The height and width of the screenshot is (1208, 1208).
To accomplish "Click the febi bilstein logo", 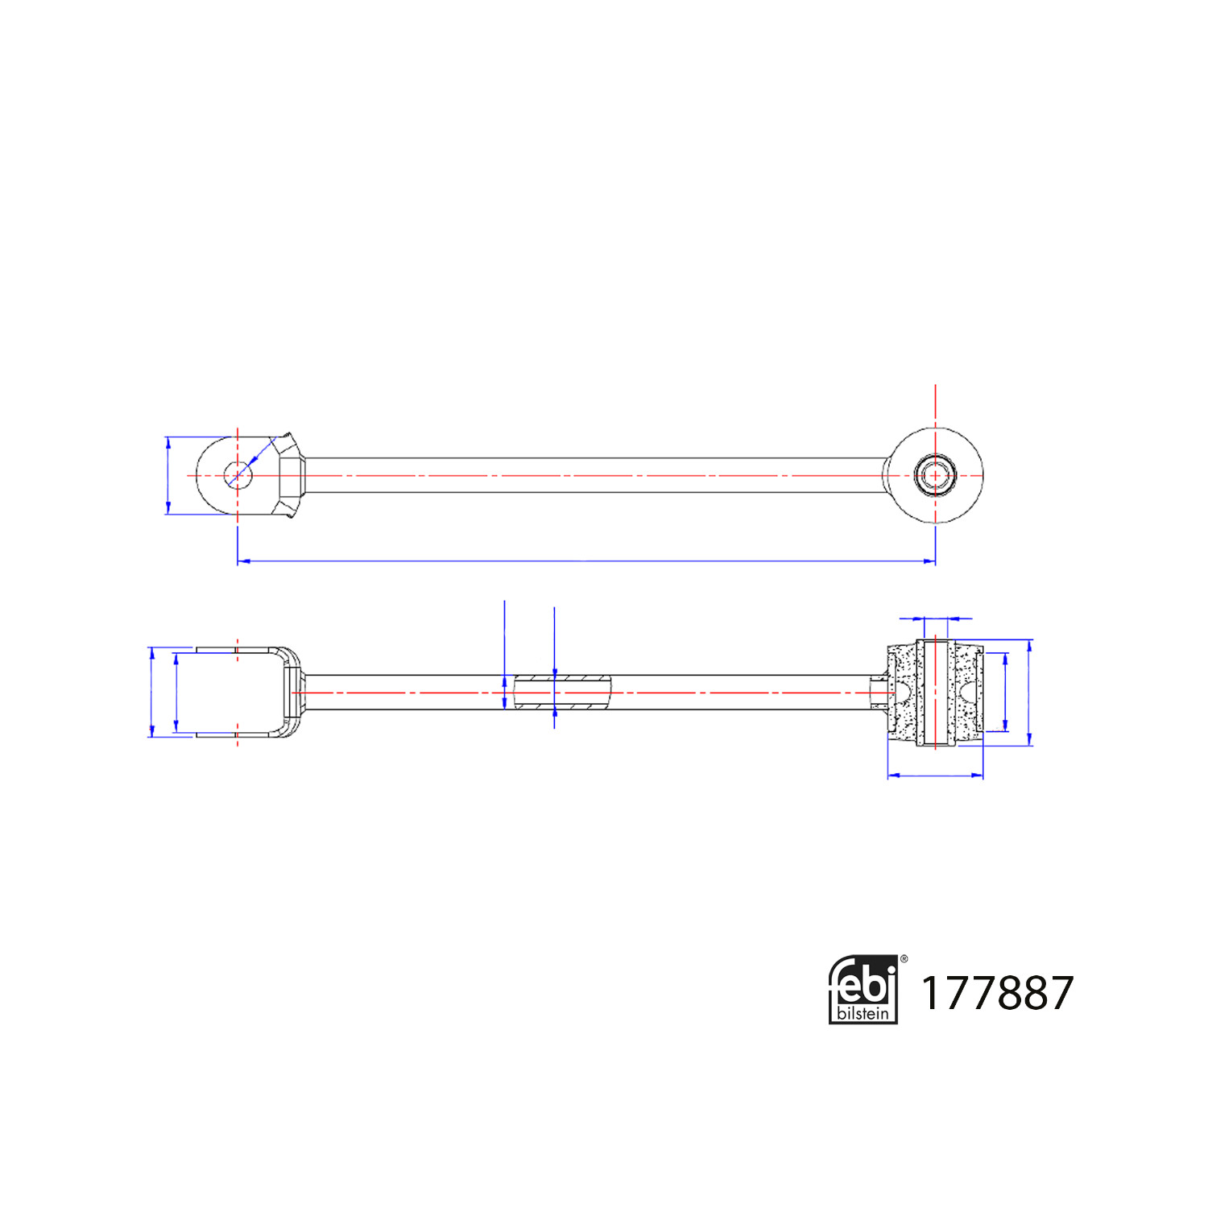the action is pyautogui.click(x=863, y=990).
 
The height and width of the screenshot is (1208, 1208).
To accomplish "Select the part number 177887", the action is pyautogui.click(x=997, y=992).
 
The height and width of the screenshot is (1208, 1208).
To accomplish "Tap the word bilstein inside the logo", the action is pyautogui.click(x=863, y=1012).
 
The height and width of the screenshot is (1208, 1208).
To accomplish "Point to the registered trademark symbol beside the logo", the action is pyautogui.click(x=904, y=958).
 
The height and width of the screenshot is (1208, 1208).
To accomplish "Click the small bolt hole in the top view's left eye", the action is pyautogui.click(x=238, y=475).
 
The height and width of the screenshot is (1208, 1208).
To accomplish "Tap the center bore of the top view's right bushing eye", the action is pyautogui.click(x=935, y=475).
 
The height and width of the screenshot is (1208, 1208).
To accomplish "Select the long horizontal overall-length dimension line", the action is pyautogui.click(x=586, y=561).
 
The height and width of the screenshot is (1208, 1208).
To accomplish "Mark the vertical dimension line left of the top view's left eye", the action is pyautogui.click(x=168, y=475).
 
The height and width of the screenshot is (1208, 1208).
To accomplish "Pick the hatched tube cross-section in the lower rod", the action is pyautogui.click(x=563, y=693).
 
